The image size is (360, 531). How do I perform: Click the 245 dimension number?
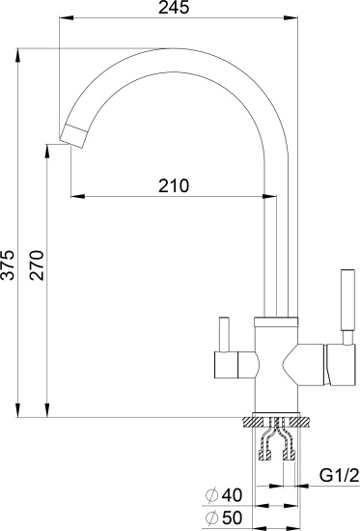coord(174,8)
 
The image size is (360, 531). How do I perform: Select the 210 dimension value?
coord(174,185)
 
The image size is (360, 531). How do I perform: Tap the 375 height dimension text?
coord(8,265)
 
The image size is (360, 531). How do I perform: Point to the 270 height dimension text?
coord(37,265)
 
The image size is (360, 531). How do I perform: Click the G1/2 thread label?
coord(339,476)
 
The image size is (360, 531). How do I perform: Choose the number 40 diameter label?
coord(232,495)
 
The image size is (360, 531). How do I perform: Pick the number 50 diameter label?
coord(232,517)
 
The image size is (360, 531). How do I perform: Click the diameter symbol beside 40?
coord(211,495)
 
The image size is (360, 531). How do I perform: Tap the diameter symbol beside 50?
coord(211,517)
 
